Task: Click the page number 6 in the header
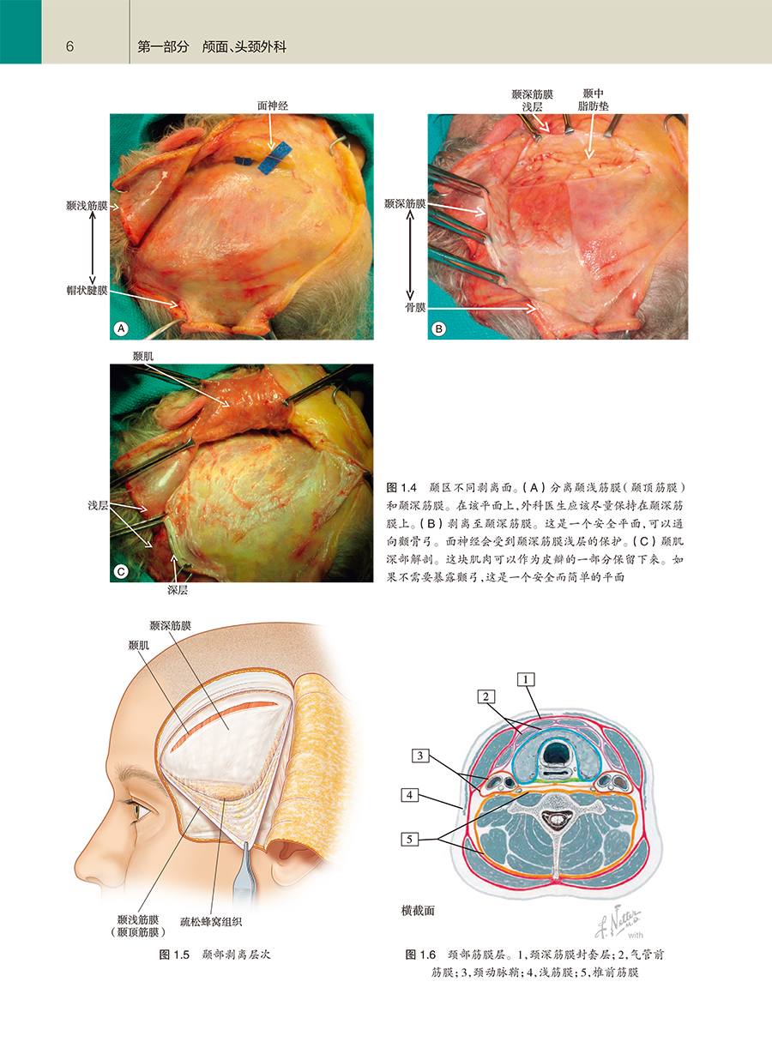pos(69,46)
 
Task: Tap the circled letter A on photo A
pos(121,328)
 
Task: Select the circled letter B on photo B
pos(438,329)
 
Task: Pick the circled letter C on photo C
pos(121,571)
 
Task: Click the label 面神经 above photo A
pos(273,105)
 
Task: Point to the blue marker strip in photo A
pos(274,158)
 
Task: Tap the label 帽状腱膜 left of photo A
pos(87,291)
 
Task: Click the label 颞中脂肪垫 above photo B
pos(593,99)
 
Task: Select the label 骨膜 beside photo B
pos(415,307)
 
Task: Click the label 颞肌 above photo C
pos(142,357)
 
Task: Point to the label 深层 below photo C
pos(178,590)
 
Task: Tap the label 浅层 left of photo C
pos(98,505)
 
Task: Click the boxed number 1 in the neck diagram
pos(526,679)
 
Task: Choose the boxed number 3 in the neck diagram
pos(419,756)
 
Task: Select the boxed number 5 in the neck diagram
pos(409,840)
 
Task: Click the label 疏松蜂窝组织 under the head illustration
pos(211,922)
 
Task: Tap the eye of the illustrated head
pos(136,810)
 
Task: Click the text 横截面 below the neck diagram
pos(418,911)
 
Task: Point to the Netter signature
pos(618,923)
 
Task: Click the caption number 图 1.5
pos(174,955)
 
